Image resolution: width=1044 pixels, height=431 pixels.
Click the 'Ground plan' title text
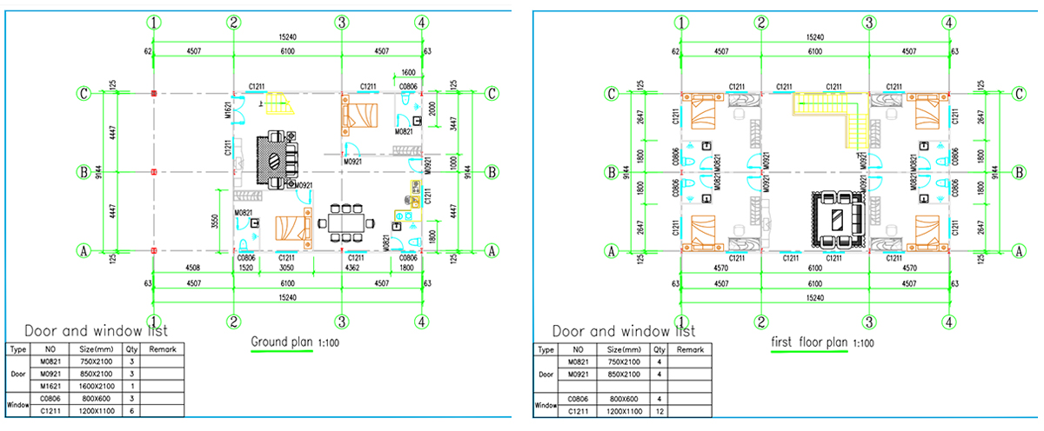pos(281,342)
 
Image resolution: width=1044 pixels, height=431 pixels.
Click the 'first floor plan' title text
pos(808,342)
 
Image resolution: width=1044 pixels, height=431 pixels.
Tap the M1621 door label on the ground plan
pos(227,110)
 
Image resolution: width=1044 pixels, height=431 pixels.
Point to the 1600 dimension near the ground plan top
pos(408,72)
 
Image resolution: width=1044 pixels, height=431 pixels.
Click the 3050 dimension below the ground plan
pos(286,269)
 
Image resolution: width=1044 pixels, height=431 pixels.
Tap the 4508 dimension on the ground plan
pos(193,269)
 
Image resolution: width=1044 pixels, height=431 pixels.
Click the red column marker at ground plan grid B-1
pos(154,172)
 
